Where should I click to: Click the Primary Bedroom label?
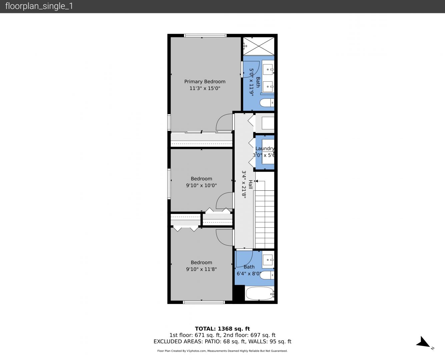[x=205, y=82]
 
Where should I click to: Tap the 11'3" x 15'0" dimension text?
[x=205, y=88]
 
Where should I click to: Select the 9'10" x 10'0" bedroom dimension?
[x=201, y=185]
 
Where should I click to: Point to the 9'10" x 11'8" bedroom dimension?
[x=201, y=269]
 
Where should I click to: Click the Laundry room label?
[x=265, y=149]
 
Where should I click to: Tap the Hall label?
[x=250, y=184]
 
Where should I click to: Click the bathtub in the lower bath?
[x=260, y=293]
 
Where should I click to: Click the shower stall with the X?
[x=259, y=46]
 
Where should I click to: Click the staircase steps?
[x=265, y=219]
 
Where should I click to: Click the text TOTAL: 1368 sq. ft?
[x=222, y=329]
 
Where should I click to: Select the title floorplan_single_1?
[x=39, y=6]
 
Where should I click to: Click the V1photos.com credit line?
[x=222, y=351]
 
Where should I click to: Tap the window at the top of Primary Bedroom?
[x=205, y=36]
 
